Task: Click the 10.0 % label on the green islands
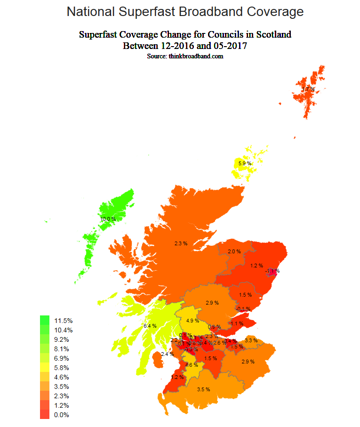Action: [108, 219]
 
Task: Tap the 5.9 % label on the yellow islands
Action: [245, 163]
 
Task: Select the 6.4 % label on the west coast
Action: [150, 326]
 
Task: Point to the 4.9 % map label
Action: [193, 321]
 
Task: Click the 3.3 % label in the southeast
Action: [251, 340]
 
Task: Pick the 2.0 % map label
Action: [234, 252]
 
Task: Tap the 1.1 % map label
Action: [237, 323]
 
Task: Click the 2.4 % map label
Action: [167, 354]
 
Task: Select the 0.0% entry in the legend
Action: [61, 415]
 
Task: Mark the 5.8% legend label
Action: [61, 368]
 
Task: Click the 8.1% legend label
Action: [61, 349]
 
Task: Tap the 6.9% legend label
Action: [61, 358]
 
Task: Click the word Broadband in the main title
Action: [206, 12]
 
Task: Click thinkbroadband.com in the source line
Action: [196, 56]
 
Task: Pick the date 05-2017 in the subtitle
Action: [229, 46]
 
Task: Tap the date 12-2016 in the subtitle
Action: [177, 46]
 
